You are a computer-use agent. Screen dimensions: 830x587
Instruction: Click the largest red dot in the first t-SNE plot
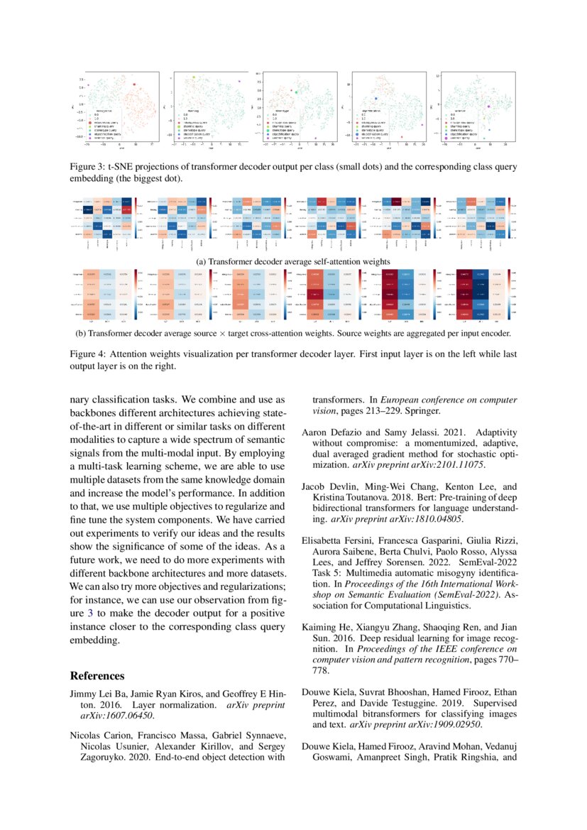click(x=133, y=84)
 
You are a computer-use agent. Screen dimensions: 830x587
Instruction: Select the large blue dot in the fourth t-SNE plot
click(x=376, y=99)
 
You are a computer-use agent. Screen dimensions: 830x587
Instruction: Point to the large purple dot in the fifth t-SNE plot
click(x=488, y=107)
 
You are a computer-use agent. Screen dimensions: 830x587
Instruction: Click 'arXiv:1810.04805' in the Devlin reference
click(x=423, y=519)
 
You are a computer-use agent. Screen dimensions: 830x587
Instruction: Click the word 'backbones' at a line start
click(x=93, y=414)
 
